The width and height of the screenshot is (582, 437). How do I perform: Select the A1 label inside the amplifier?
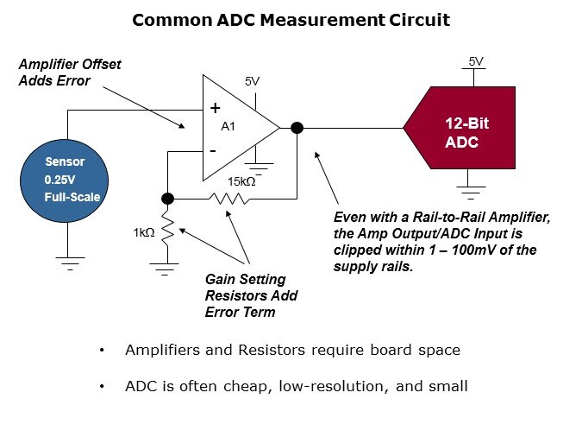point(228,126)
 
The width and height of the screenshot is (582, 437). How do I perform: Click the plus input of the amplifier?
point(216,108)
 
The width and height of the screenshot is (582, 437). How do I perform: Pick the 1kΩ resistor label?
point(143,233)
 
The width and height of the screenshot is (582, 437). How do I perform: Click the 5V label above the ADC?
point(476,60)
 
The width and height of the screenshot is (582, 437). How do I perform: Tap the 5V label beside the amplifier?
point(252,81)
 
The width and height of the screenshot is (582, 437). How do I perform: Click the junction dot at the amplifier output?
point(297,128)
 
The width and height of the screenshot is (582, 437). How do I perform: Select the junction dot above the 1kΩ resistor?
point(168,198)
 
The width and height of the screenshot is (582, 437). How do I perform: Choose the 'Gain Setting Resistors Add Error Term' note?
point(251,296)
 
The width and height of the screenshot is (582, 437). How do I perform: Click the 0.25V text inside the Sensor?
point(60,180)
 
